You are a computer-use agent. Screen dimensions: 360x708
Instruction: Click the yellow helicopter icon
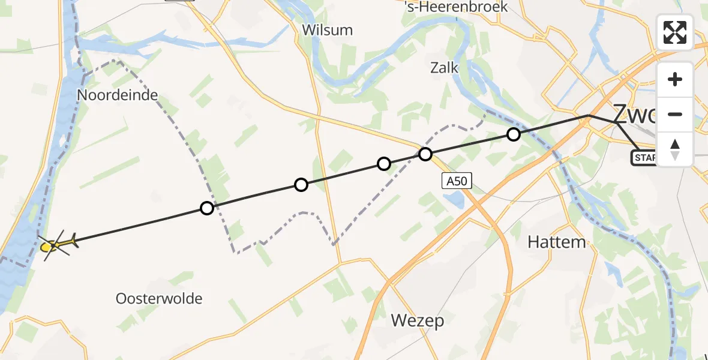(x=55, y=244)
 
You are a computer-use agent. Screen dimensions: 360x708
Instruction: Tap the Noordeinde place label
(x=118, y=95)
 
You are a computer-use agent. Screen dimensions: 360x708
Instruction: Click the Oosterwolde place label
(x=159, y=298)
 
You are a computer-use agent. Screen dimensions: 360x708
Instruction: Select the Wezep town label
(x=418, y=320)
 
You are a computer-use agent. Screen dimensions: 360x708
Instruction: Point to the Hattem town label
(x=556, y=242)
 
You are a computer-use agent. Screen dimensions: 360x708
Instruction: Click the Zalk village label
(x=445, y=67)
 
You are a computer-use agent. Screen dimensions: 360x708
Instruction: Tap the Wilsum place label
(x=327, y=30)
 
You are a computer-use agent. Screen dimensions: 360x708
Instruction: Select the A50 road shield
(x=457, y=181)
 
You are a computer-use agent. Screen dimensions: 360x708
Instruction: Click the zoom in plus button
(x=675, y=79)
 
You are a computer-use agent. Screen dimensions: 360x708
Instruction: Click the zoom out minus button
(x=675, y=114)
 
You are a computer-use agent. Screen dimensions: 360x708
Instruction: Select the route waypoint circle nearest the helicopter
(x=206, y=208)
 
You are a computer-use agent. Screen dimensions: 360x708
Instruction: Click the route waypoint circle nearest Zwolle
(x=513, y=134)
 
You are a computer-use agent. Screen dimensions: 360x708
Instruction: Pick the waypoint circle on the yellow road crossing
(x=425, y=154)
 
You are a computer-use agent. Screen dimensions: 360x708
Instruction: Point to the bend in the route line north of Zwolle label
(x=589, y=115)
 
